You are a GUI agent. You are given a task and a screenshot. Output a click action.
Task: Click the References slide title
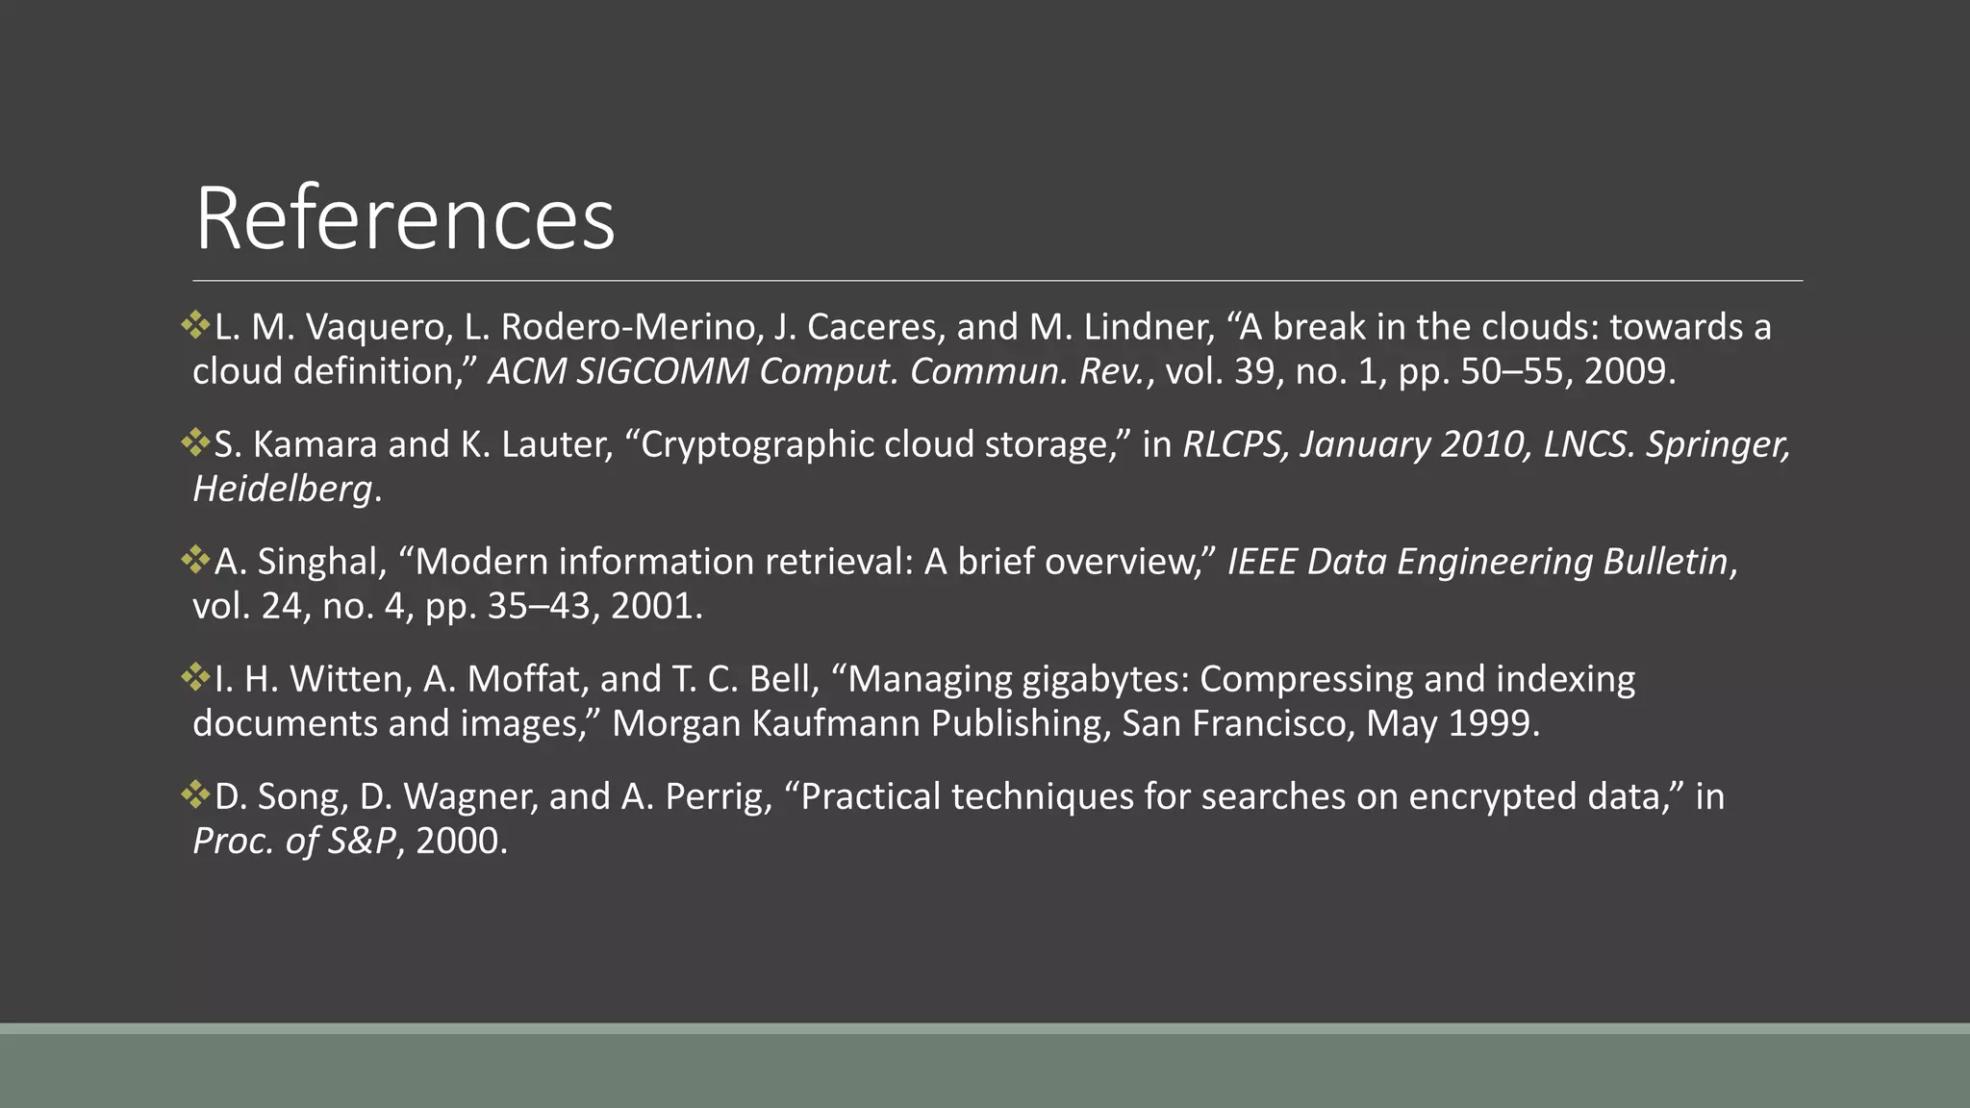[x=404, y=219]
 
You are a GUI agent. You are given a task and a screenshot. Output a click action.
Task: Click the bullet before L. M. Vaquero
[x=195, y=325]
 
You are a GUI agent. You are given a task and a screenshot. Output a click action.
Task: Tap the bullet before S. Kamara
[x=195, y=442]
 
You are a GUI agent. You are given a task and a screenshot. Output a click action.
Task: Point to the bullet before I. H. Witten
[x=195, y=677]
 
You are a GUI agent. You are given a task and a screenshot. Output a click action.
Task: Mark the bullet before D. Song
[x=195, y=794]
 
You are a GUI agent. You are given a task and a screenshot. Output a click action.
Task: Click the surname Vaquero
[x=378, y=328]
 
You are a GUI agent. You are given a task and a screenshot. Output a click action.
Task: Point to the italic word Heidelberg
[x=282, y=490]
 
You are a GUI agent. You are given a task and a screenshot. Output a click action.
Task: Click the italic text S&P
[x=362, y=842]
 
